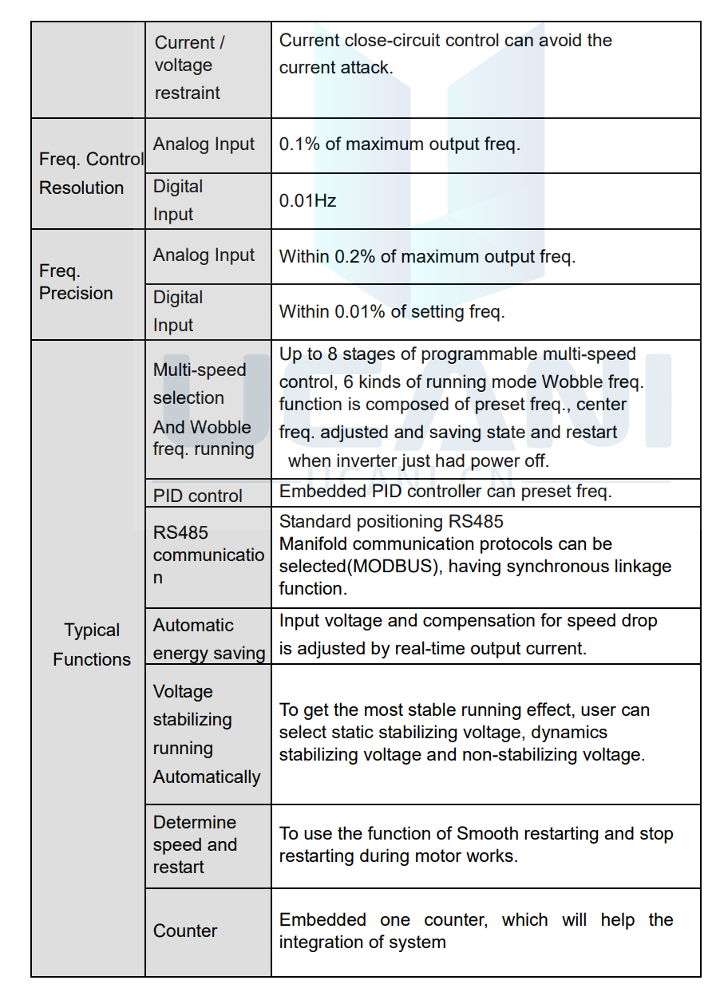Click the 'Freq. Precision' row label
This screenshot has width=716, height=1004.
coord(76,283)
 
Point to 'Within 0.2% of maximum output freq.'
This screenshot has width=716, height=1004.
coord(427,257)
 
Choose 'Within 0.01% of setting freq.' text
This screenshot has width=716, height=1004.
coord(391,312)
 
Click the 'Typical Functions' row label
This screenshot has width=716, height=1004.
coord(92,645)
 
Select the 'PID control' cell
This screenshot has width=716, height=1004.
coord(197,496)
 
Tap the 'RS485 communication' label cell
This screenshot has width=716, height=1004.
coord(208,555)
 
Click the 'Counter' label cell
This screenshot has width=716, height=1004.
coord(185,931)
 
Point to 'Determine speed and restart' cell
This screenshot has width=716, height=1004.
coord(195,844)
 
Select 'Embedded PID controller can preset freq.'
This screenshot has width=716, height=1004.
coord(445,492)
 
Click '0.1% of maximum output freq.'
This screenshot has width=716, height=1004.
coord(399,145)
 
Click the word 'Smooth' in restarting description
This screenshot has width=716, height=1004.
coord(486,834)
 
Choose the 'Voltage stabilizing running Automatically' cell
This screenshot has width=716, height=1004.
coord(206,734)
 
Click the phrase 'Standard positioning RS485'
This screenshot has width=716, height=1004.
coord(391,522)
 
